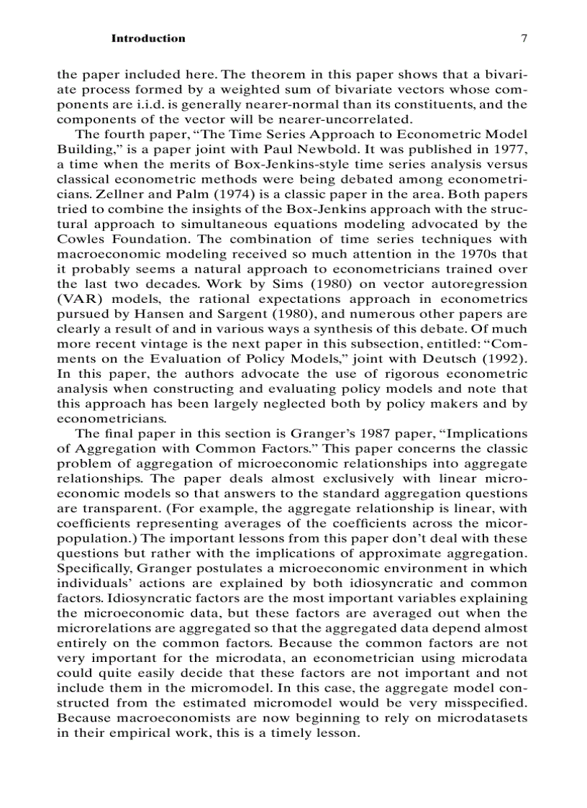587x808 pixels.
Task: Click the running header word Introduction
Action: [147, 39]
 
